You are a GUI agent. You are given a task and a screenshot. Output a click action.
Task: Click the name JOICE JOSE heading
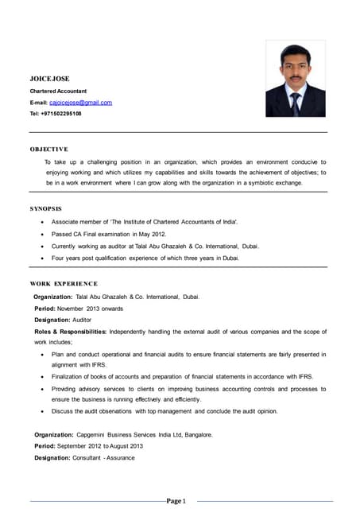49,79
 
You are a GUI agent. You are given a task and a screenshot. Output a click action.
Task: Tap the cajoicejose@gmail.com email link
80,103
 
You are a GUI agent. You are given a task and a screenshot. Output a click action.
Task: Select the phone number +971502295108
61,114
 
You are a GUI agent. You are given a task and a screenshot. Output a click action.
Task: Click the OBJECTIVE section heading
48,149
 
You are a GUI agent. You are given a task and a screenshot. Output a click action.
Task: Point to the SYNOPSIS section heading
45,208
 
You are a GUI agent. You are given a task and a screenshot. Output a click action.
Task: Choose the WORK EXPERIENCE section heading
64,283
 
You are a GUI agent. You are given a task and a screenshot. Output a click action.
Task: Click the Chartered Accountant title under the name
59,91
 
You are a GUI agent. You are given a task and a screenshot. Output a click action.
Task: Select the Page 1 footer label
176,500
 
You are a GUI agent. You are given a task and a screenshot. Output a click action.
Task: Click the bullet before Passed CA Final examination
41,235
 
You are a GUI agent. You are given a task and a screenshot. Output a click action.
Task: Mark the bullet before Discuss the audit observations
41,411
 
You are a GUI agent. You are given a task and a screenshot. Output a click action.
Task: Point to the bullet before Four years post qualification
41,258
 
